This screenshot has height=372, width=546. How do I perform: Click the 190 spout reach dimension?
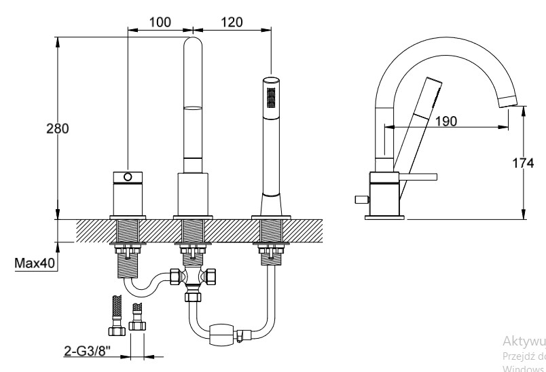point(445,121)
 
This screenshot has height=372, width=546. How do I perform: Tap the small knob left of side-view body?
point(360,199)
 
